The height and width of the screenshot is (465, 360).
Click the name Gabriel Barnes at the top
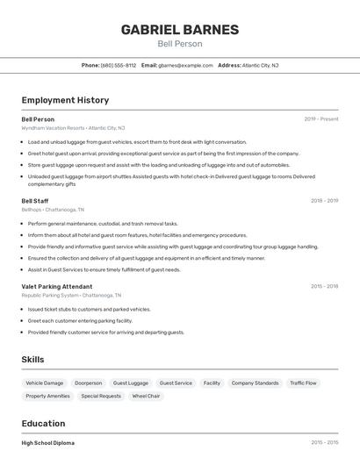click(179, 29)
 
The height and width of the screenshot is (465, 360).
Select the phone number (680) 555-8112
click(119, 65)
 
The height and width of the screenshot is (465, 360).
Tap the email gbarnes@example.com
click(185, 65)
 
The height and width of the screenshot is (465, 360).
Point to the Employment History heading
click(65, 100)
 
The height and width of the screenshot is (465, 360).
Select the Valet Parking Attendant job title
click(56, 286)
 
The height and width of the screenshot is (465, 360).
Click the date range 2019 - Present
click(320, 119)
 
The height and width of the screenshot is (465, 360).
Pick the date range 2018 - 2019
click(324, 201)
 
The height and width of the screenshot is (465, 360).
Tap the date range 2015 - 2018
click(324, 286)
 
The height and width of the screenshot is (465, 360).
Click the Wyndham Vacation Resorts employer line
click(73, 128)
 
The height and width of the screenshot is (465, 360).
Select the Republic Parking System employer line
click(71, 296)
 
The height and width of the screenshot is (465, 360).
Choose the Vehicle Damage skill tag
click(45, 383)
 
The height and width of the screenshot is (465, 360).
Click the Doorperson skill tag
click(88, 383)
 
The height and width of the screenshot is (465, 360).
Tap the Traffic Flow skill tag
click(303, 383)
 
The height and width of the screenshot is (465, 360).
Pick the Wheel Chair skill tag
click(146, 397)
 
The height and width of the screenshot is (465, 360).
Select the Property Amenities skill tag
click(47, 397)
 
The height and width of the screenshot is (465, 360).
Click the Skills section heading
click(32, 360)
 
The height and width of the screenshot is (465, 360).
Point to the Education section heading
click(43, 424)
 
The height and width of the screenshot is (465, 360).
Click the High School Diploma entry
click(48, 443)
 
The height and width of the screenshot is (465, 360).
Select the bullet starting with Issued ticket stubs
click(89, 310)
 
